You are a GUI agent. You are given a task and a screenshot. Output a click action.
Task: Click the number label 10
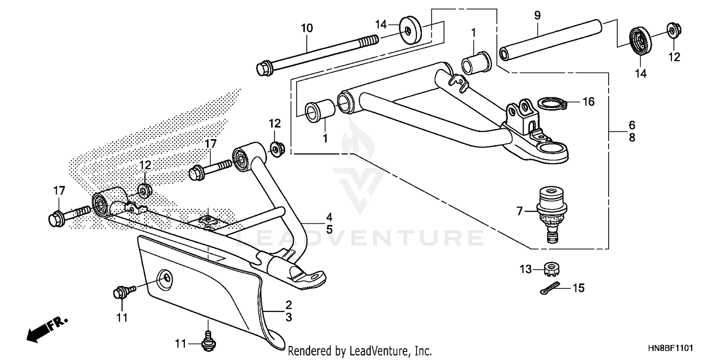tap(307, 28)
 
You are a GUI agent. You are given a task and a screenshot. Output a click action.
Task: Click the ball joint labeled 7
tap(551, 211)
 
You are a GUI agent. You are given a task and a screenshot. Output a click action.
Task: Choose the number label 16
tap(588, 102)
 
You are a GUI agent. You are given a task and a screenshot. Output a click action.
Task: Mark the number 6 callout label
tap(632, 125)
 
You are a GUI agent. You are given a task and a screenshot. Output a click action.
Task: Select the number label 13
tap(526, 270)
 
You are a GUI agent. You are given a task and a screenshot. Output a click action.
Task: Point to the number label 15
tap(579, 288)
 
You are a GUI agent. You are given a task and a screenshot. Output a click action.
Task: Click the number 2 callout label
tap(288, 305)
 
